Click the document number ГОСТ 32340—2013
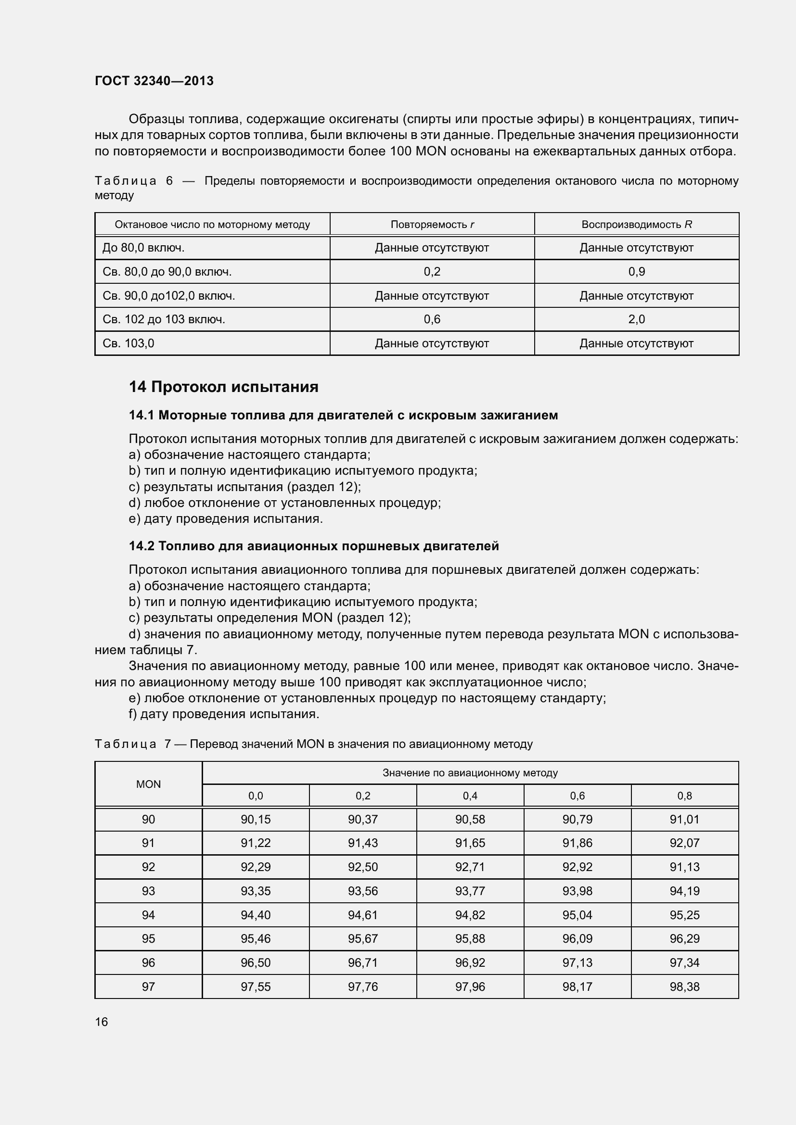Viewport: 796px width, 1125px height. pyautogui.click(x=154, y=81)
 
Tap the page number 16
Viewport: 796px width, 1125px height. pyautogui.click(x=102, y=1022)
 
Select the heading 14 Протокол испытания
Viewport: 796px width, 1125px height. pyautogui.click(x=223, y=387)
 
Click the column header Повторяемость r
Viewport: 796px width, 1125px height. pyautogui.click(x=432, y=225)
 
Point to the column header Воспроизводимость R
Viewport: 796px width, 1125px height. pyautogui.click(x=636, y=225)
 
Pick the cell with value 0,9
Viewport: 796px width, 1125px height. pyautogui.click(x=636, y=271)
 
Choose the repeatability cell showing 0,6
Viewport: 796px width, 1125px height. pyautogui.click(x=432, y=319)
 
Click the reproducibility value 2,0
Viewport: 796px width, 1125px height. pyautogui.click(x=636, y=319)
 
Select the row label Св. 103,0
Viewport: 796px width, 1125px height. pyautogui.click(x=128, y=343)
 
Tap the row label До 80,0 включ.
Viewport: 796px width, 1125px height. pyautogui.click(x=143, y=248)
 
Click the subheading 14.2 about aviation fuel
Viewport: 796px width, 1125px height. pyautogui.click(x=314, y=546)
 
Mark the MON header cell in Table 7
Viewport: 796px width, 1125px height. pyautogui.click(x=149, y=784)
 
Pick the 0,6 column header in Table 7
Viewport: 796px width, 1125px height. pyautogui.click(x=578, y=796)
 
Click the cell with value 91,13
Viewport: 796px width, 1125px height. pyautogui.click(x=684, y=867)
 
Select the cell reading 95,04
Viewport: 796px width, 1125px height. pyautogui.click(x=578, y=915)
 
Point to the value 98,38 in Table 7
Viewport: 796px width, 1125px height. pyautogui.click(x=684, y=986)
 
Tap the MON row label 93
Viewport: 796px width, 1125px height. pyautogui.click(x=149, y=891)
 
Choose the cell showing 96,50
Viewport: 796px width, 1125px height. pyautogui.click(x=256, y=962)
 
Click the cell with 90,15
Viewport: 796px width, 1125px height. pyautogui.click(x=256, y=819)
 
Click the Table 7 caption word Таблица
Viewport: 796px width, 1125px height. pyautogui.click(x=126, y=744)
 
